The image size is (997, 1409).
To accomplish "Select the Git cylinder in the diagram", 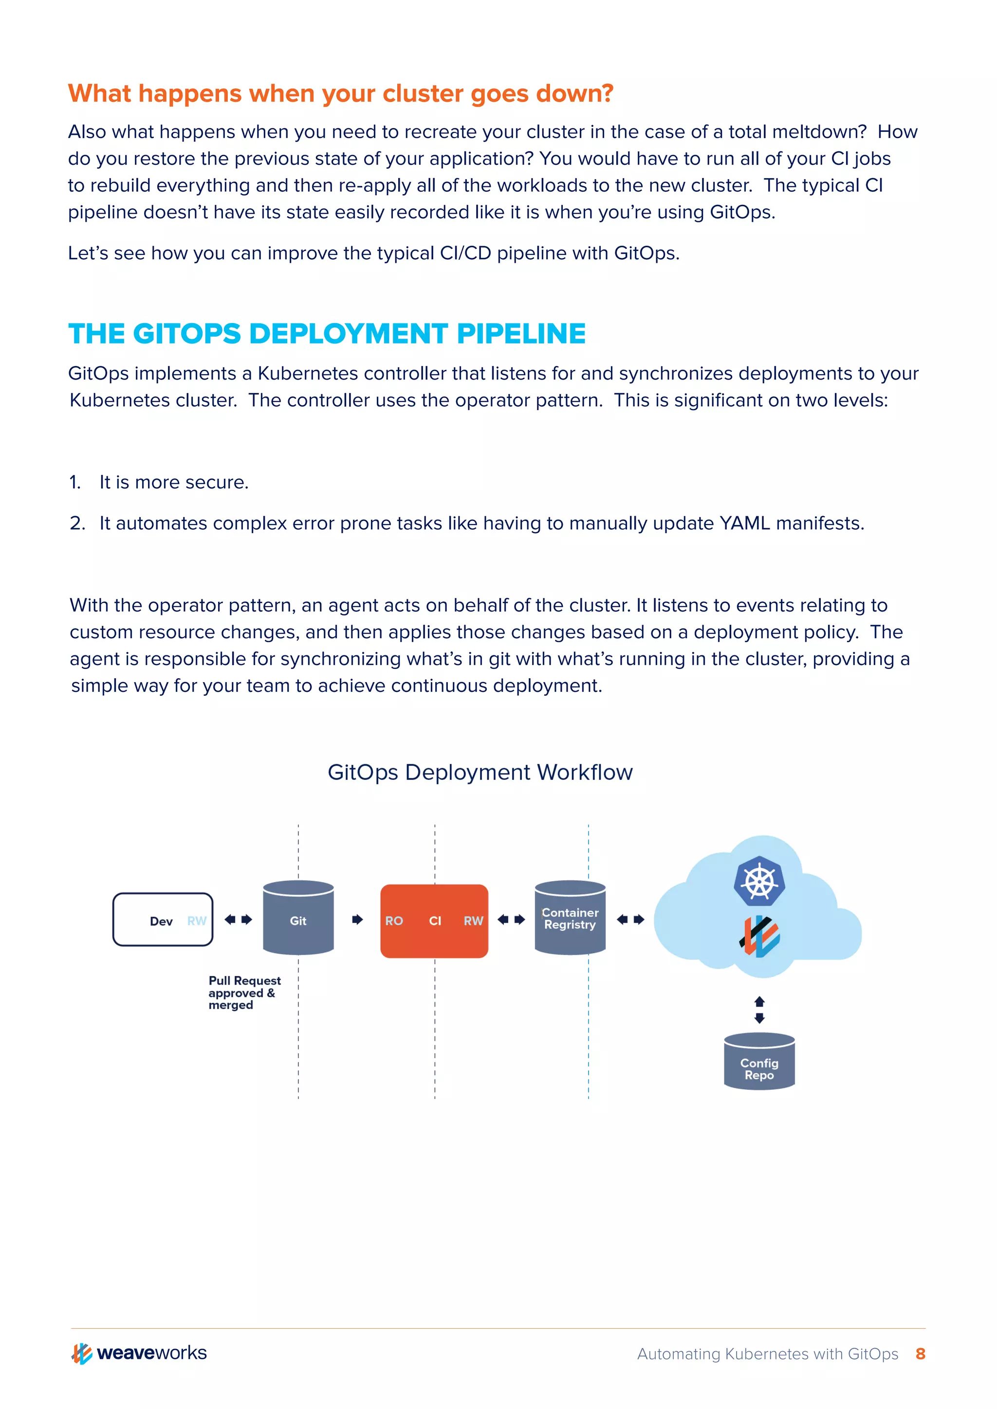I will pos(298,918).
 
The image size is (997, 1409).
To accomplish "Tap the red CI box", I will pos(435,921).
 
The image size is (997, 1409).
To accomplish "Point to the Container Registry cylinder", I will pos(570,918).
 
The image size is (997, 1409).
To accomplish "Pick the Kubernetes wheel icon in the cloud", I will pos(759,881).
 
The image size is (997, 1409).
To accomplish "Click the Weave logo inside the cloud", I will pos(759,937).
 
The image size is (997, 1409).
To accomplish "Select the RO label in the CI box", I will pos(394,921).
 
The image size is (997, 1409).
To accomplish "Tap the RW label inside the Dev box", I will pos(197,921).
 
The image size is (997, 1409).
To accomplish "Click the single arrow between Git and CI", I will pos(357,919).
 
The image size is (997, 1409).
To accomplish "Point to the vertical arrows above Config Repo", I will pos(759,1010).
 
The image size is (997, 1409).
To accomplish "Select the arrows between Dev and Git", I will pos(238,919).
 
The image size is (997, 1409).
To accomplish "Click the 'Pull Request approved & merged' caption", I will pos(244,993).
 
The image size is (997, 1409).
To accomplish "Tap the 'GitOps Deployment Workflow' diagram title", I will pos(480,772).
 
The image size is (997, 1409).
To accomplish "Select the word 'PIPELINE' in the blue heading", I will pos(521,334).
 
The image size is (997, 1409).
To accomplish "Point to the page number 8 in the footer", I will pos(920,1354).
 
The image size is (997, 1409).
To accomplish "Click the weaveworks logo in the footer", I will pos(139,1353).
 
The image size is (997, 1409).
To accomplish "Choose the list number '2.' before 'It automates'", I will pos(77,524).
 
